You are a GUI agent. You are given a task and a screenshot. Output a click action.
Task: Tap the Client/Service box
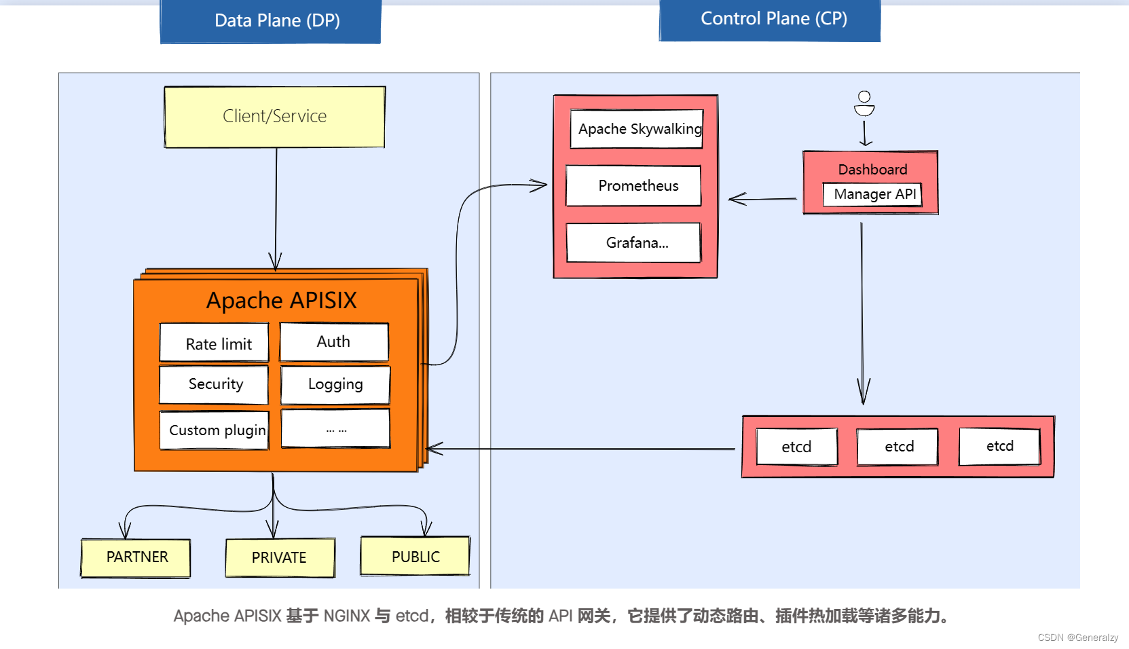point(274,117)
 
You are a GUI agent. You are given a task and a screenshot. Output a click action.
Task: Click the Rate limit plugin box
point(215,343)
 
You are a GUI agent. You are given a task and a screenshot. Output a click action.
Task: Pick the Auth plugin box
point(334,341)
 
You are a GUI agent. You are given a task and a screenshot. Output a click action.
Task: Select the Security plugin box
point(215,384)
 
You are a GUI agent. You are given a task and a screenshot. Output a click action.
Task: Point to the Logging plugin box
point(335,384)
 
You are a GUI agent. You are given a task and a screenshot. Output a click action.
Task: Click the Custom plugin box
point(215,430)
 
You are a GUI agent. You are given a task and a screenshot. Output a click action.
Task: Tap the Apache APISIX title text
point(281,300)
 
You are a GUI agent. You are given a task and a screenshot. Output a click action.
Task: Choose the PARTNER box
point(136,557)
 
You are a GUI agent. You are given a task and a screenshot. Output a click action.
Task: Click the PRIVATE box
point(280,557)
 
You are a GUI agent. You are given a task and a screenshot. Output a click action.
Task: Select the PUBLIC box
point(415,557)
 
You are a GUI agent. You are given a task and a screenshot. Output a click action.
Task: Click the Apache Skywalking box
point(637,129)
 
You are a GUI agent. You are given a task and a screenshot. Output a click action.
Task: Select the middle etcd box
point(897,447)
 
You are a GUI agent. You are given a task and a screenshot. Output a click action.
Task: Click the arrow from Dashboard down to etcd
point(862,312)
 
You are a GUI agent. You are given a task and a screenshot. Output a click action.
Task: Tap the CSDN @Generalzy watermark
point(1077,637)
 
